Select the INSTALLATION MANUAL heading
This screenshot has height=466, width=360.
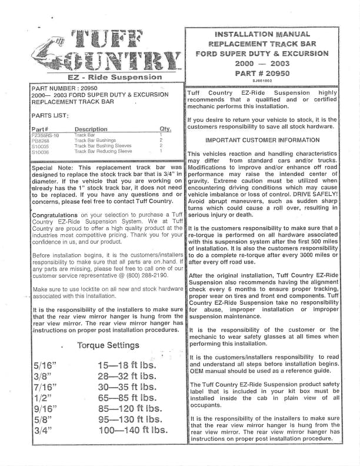[x=262, y=34]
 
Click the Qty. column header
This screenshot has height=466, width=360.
[x=165, y=129]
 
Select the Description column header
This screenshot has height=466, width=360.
[x=91, y=129]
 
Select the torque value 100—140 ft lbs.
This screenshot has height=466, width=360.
[x=133, y=430]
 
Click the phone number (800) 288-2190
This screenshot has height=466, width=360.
[x=126, y=275]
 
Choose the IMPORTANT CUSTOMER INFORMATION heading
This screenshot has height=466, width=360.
[x=262, y=140]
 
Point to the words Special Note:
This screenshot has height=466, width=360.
[x=54, y=168]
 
